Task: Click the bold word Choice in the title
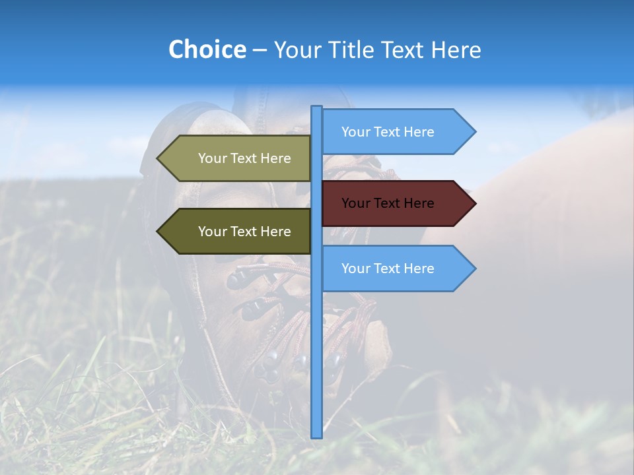[207, 49]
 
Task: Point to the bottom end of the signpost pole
[317, 435]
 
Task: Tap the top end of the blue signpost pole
[317, 108]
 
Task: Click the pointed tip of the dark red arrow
[474, 203]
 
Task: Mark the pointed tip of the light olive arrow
[158, 158]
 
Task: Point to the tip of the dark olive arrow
[158, 232]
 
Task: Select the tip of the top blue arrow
[474, 131]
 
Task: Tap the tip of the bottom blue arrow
[474, 269]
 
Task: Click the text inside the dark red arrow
[388, 203]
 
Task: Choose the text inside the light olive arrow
[244, 158]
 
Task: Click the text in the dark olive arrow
[244, 232]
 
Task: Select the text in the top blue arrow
[388, 132]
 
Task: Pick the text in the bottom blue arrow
[388, 269]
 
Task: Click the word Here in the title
[456, 49]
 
